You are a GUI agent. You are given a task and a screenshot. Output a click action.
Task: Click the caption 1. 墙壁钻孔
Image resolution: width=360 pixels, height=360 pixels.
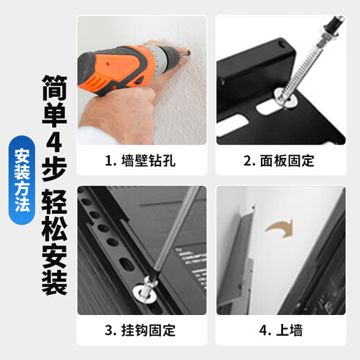click(x=141, y=161)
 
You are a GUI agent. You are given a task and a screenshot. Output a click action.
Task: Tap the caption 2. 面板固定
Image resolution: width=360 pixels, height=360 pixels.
click(x=279, y=161)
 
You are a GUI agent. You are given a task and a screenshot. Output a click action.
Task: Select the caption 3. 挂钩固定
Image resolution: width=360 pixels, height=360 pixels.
click(x=141, y=330)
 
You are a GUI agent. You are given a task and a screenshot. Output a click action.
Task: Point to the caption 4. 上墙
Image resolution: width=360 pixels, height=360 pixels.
click(x=279, y=330)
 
